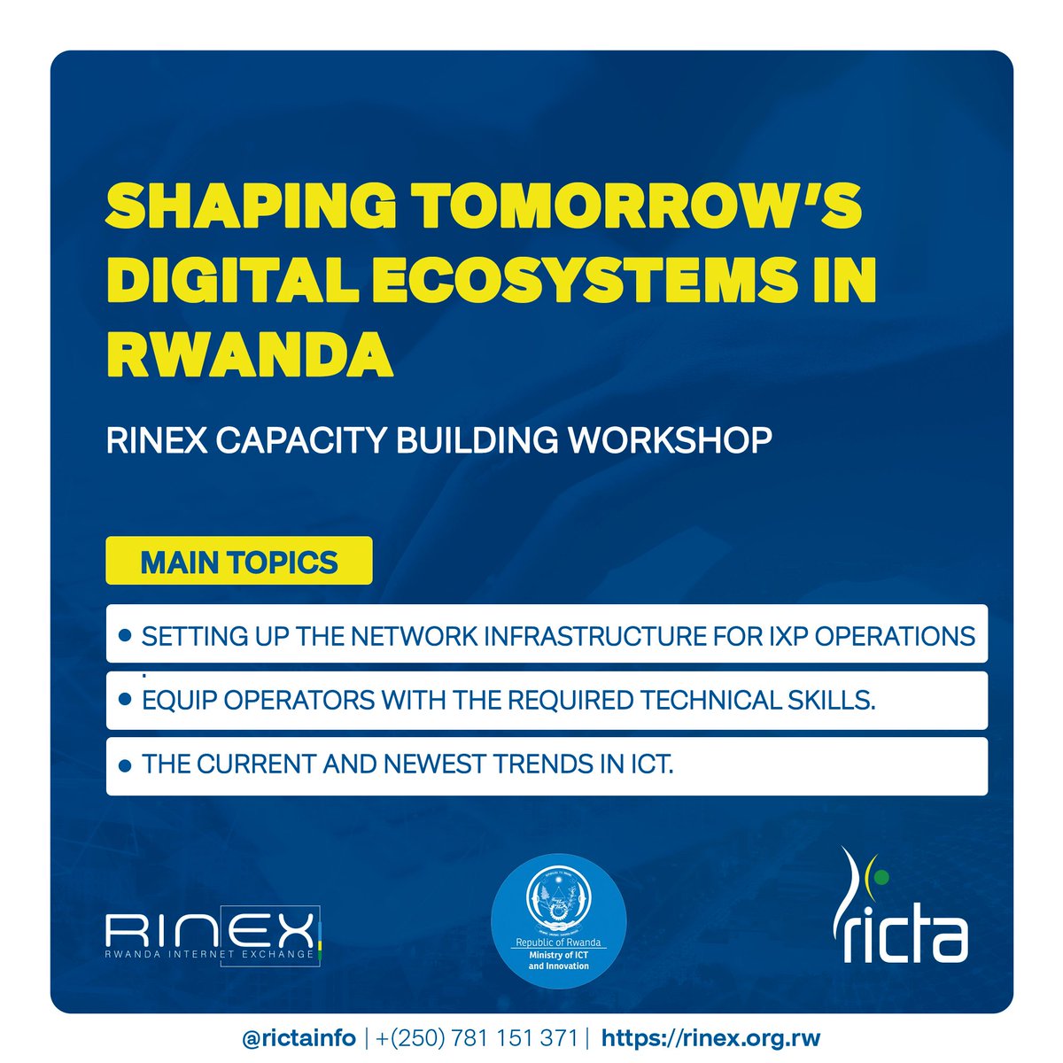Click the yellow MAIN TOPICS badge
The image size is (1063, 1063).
click(238, 562)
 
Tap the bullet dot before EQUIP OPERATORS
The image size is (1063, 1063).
click(125, 700)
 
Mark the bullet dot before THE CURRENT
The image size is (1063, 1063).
click(125, 764)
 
